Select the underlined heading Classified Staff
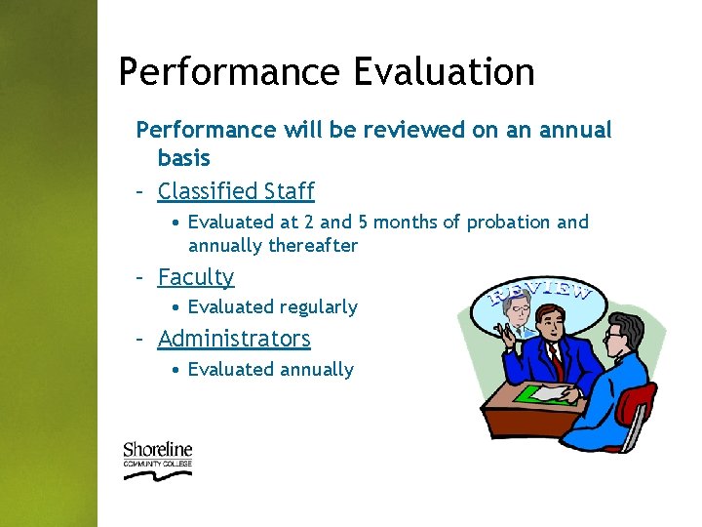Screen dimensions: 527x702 click(236, 190)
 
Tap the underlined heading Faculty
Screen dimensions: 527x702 click(196, 277)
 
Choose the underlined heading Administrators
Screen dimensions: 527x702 click(234, 339)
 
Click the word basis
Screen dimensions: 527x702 click(183, 157)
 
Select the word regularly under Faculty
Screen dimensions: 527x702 click(319, 306)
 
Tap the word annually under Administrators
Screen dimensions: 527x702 click(317, 369)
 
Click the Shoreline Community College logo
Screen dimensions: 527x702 click(157, 459)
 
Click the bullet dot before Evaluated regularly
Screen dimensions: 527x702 click(174, 307)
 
